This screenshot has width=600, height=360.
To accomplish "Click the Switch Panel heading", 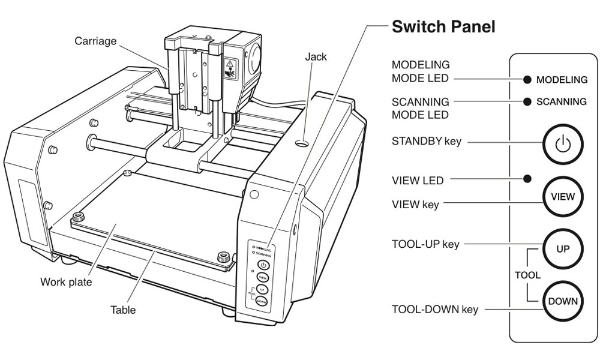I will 443,27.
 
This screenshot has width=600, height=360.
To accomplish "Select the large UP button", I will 563,248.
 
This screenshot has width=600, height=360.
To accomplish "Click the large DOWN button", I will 563,301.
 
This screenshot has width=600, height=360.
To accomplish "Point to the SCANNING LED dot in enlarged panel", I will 527,102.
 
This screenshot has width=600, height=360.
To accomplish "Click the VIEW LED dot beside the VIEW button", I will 527,179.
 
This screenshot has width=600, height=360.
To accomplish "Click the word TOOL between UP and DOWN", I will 527,275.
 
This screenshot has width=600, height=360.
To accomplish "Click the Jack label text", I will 315,57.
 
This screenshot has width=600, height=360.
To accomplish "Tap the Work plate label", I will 66,281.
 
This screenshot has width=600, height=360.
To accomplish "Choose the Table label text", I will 122,310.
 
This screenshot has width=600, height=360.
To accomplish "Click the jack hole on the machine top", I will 302,144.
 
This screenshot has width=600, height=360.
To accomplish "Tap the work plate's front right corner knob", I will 223,259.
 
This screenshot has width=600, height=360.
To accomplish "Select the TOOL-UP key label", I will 425,244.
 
